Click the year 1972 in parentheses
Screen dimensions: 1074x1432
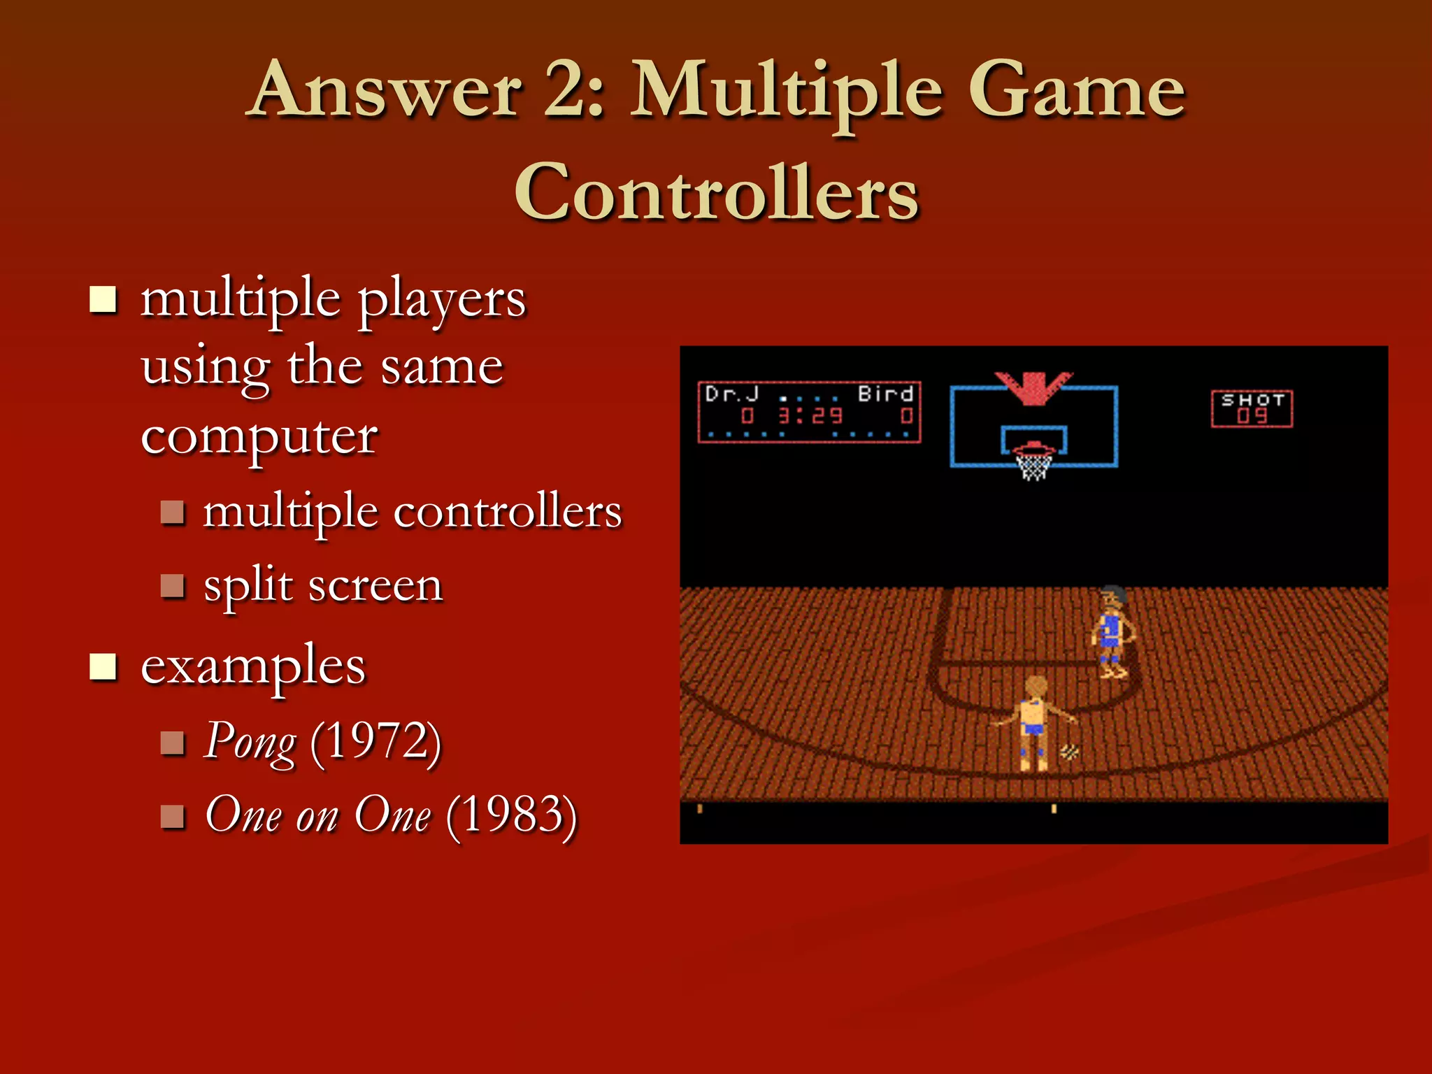tap(376, 741)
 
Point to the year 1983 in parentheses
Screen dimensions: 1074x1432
tap(512, 815)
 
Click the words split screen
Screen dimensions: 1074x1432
tap(323, 586)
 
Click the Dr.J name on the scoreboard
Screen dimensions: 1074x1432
tap(731, 394)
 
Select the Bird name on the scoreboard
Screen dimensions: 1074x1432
tap(885, 394)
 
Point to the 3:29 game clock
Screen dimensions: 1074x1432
tap(811, 417)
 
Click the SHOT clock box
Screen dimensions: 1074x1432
tap(1252, 409)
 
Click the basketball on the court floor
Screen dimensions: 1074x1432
tap(1069, 753)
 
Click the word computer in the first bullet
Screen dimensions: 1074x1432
tap(259, 438)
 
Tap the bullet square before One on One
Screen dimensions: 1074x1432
tap(172, 817)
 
